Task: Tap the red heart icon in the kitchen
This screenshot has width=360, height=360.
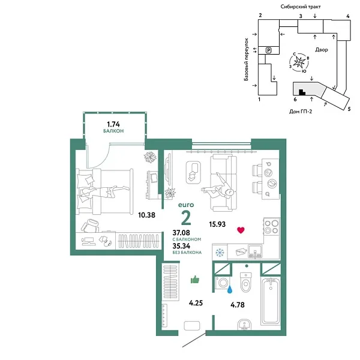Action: (x=241, y=230)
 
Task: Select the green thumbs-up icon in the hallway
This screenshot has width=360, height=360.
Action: (x=195, y=279)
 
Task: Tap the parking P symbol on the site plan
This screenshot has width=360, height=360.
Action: (x=268, y=51)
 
